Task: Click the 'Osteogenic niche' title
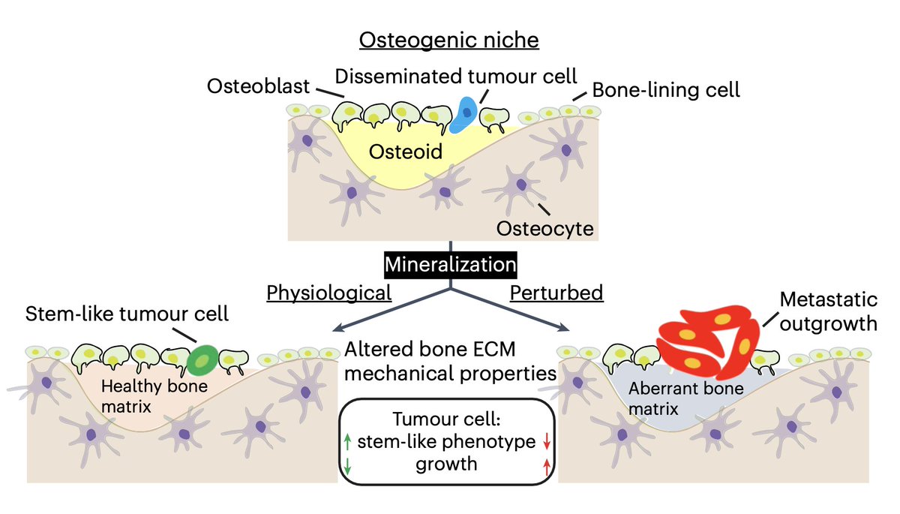click(x=448, y=39)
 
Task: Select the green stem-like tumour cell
click(x=200, y=360)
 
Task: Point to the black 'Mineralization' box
click(x=451, y=265)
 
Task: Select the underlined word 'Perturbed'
click(x=556, y=292)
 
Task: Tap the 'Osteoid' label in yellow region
click(x=405, y=152)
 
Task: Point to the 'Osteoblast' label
click(x=259, y=87)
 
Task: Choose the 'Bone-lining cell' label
click(x=666, y=90)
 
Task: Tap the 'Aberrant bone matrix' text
click(x=675, y=398)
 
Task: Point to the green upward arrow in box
click(x=346, y=442)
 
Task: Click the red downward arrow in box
click(x=546, y=442)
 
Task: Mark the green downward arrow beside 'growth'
click(x=346, y=465)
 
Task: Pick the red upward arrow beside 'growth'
click(x=546, y=465)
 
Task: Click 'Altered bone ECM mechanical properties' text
click(x=450, y=360)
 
